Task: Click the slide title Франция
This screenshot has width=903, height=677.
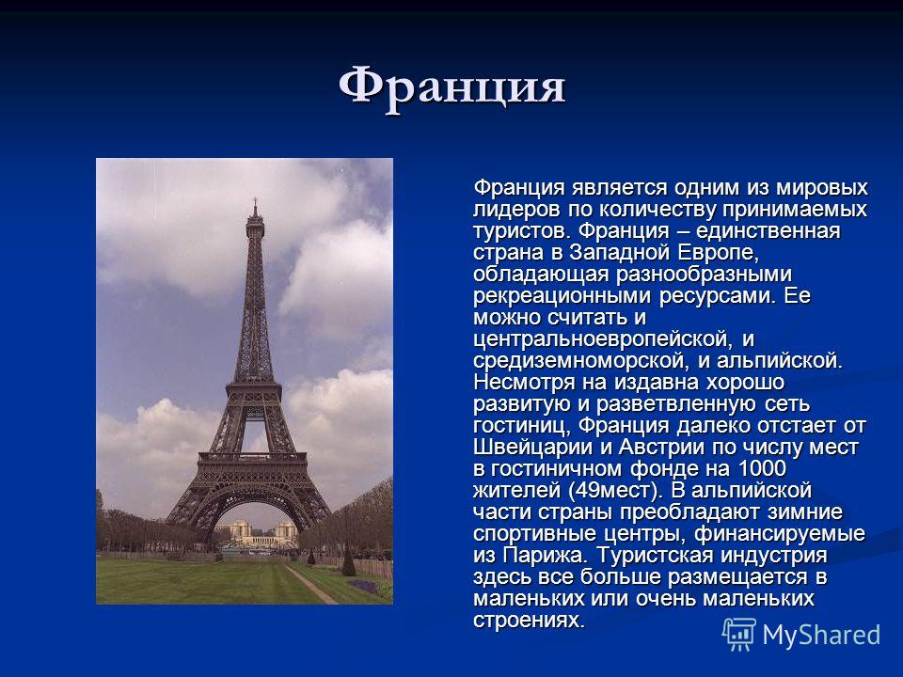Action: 452,87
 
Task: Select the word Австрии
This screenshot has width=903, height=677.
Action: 661,448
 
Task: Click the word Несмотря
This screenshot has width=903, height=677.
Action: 524,383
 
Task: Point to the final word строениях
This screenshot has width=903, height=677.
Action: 529,621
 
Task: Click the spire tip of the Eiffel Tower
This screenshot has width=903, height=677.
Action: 255,198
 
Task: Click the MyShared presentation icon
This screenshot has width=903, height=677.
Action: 739,634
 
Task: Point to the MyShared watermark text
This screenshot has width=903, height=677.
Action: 821,636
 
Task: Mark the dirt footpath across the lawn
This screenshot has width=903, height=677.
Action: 311,583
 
